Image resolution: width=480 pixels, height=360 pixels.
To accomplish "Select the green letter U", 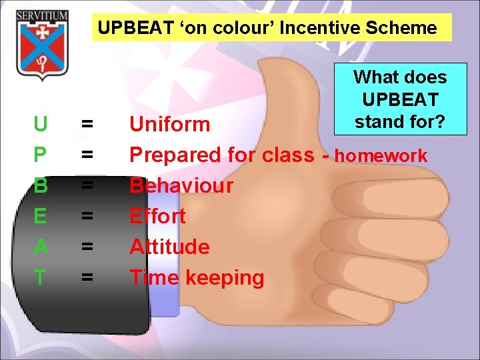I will tap(40, 124).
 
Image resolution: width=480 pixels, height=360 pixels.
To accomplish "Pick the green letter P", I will tap(40, 155).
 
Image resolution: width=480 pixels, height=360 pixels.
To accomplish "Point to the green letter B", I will tap(40, 185).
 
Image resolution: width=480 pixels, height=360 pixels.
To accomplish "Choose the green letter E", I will tap(40, 216).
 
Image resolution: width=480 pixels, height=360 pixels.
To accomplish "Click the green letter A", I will tap(40, 247).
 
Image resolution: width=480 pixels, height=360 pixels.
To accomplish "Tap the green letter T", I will tap(40, 277).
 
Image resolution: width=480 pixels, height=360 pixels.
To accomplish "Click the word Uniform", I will tap(169, 124).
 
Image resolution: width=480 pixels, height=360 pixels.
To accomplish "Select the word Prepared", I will tap(175, 155).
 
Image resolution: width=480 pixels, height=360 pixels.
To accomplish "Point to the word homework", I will tap(381, 156).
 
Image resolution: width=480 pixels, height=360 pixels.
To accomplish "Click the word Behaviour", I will tap(181, 185).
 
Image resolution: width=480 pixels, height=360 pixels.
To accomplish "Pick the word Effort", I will tap(157, 216).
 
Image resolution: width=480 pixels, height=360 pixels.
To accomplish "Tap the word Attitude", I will tap(169, 247).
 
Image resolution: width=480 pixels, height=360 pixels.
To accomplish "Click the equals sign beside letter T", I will tap(87, 277).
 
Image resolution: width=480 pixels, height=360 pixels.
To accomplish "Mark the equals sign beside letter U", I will tap(87, 124).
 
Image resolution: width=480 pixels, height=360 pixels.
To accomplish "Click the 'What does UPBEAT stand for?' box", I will tap(400, 99).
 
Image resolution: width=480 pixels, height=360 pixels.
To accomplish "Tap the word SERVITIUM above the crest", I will tap(42, 15).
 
